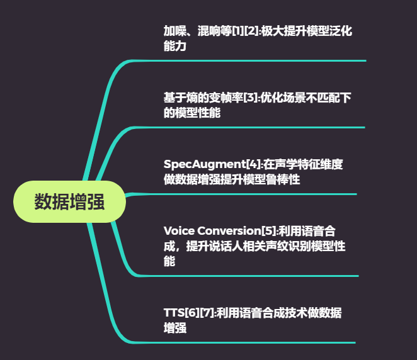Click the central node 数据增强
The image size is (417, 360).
click(69, 201)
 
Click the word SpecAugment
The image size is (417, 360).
click(205, 165)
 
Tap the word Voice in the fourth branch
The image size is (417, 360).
click(179, 230)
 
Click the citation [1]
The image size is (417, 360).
click(237, 31)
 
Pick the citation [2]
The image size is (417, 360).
click(251, 31)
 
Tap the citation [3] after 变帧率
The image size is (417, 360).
click(250, 98)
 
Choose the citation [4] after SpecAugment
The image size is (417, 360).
click(253, 164)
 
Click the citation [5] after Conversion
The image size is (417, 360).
click(268, 230)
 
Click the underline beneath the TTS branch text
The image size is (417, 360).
click(244, 343)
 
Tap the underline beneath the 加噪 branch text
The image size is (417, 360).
click(249, 61)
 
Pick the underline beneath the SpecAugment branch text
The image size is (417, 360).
click(241, 194)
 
